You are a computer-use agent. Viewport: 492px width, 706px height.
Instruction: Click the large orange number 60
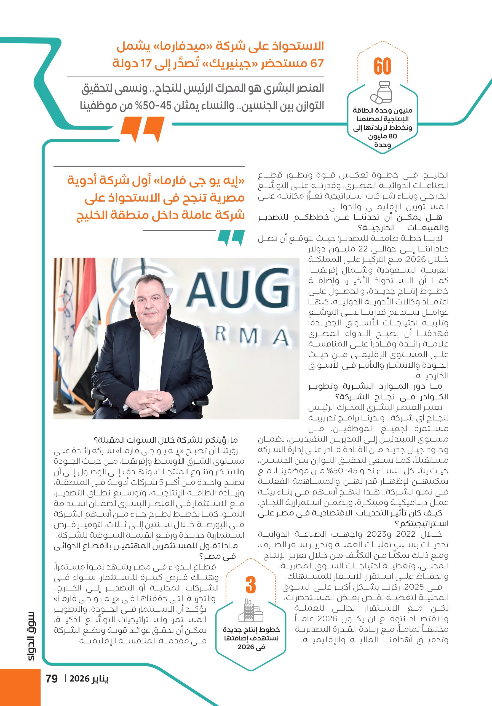(382, 66)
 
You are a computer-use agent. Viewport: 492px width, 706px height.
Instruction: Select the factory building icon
(251, 611)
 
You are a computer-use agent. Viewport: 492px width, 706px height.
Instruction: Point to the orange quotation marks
(142, 129)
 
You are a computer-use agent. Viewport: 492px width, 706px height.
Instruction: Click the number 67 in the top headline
(317, 64)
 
